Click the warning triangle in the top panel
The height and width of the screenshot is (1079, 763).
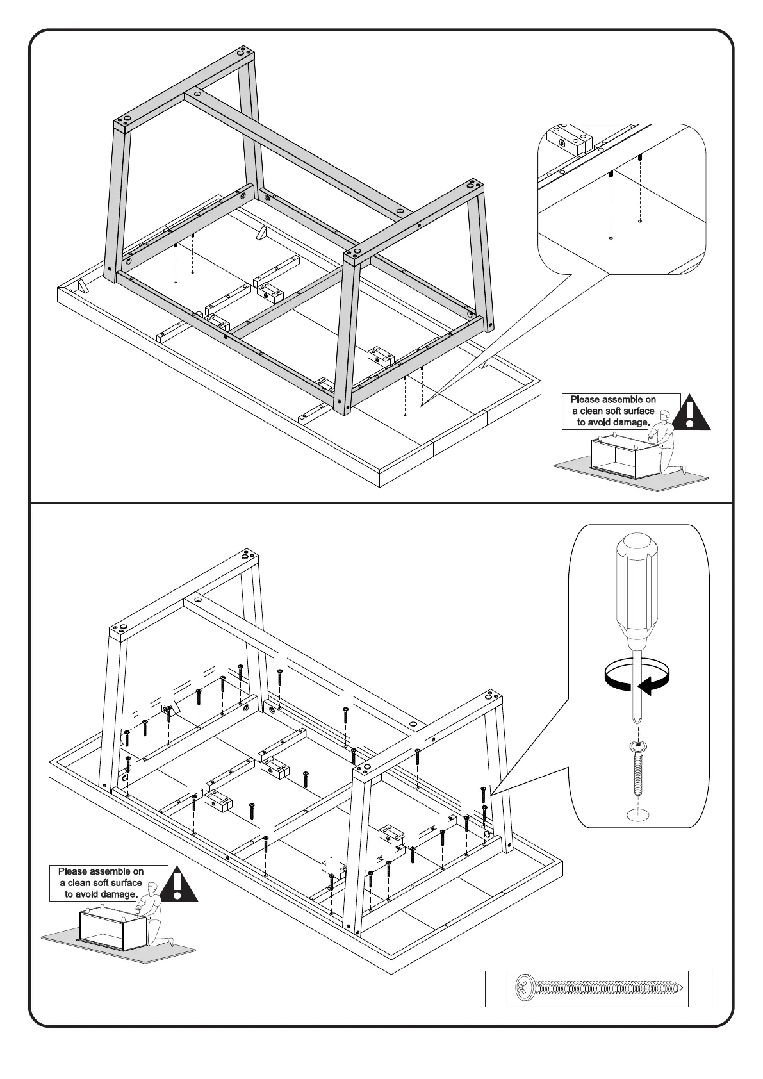pos(689,413)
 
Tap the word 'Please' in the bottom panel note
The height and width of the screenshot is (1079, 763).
pos(73,871)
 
